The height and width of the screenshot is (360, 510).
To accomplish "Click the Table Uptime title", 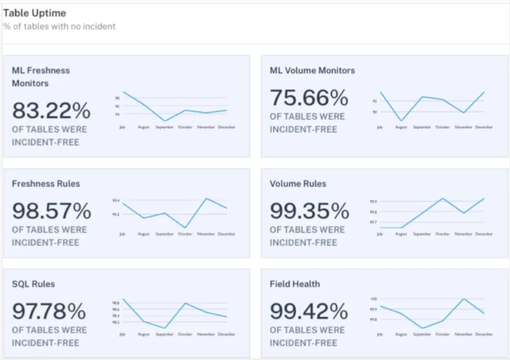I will click(34, 13).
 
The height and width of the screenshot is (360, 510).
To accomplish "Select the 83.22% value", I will click(51, 111).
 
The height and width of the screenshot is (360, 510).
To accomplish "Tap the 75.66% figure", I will click(309, 98).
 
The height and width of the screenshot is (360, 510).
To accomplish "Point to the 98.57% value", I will click(52, 211).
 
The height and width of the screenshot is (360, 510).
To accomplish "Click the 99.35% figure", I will click(309, 211).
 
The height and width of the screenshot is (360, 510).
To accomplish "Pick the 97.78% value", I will click(49, 312).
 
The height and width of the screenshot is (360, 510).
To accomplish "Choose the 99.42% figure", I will click(309, 312).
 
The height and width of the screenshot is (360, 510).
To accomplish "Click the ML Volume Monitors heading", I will click(312, 71).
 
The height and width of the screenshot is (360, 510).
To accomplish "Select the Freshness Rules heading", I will click(46, 184).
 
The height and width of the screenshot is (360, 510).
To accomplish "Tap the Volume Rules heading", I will click(298, 184).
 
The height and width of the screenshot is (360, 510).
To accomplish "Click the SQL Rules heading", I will click(33, 284).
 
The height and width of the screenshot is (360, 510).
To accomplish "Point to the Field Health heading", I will click(295, 284).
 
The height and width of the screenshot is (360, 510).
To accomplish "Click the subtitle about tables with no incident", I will click(59, 26).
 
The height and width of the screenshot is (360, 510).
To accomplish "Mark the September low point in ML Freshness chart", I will click(164, 121).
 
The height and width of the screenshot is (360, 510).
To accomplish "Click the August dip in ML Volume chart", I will click(401, 121).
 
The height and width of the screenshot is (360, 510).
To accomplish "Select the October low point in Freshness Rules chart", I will click(185, 228).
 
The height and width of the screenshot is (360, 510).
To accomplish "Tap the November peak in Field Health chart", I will click(464, 299).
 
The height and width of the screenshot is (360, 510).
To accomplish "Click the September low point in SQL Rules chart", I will click(164, 329).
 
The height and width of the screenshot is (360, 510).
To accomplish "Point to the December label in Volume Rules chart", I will click(484, 234).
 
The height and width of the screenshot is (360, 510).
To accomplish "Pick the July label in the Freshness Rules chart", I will click(123, 234).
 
